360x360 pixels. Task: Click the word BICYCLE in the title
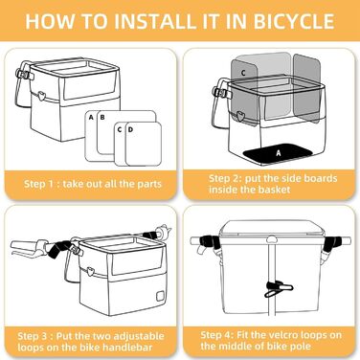click(x=294, y=21)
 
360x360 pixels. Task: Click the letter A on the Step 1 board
click(x=91, y=118)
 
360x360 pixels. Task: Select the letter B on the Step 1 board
click(x=102, y=118)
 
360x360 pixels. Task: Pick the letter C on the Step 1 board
click(x=119, y=129)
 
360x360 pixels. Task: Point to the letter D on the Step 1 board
click(x=130, y=129)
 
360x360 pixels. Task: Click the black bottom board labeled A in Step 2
click(x=279, y=153)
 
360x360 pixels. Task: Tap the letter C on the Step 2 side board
click(x=243, y=73)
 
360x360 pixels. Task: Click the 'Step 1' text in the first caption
click(x=39, y=184)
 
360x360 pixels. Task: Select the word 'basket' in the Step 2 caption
click(x=275, y=190)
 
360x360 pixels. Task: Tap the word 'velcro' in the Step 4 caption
click(x=283, y=335)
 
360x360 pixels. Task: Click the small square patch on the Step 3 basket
click(x=160, y=297)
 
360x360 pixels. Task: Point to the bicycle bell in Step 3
click(x=163, y=231)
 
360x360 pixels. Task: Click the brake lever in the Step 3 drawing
click(x=27, y=248)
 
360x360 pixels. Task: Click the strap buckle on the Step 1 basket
click(x=23, y=75)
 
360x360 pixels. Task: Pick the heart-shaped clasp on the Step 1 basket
click(x=41, y=95)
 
